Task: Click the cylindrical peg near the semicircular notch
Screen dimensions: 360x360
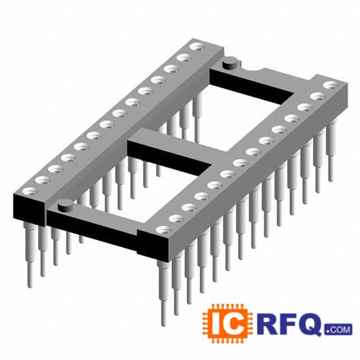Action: (230, 64)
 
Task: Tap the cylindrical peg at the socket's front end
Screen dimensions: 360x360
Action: (65, 205)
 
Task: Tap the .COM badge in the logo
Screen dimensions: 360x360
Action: (339, 330)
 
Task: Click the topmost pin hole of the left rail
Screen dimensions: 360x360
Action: (196, 47)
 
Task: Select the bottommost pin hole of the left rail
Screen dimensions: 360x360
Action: (30, 191)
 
